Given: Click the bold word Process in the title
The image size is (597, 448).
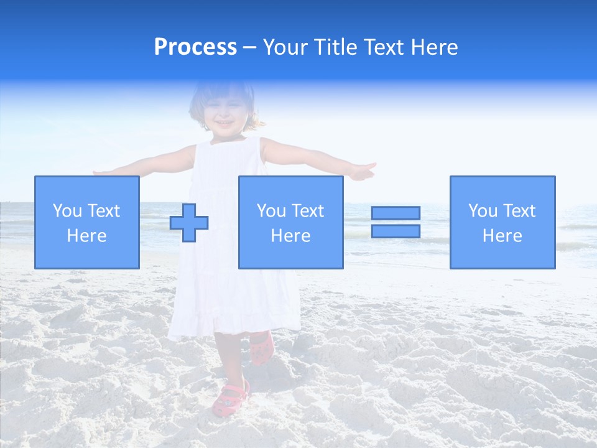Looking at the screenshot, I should click(x=195, y=47).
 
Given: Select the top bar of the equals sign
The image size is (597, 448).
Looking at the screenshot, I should click(x=396, y=213).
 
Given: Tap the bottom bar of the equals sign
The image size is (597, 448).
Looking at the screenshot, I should click(x=396, y=231).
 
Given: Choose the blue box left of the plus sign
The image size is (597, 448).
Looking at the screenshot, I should click(x=86, y=222).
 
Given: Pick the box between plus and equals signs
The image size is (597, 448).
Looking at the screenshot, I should click(x=290, y=222).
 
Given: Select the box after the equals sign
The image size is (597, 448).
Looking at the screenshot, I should click(x=502, y=222).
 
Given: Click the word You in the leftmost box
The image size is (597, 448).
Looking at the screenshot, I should click(x=66, y=211).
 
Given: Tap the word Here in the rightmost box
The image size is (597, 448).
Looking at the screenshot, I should click(x=502, y=236).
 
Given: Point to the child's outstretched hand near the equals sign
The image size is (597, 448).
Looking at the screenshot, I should click(x=362, y=170).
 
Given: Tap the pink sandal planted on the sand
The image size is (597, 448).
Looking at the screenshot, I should click(x=230, y=398).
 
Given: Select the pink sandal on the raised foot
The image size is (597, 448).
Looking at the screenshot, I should click(x=261, y=348).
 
